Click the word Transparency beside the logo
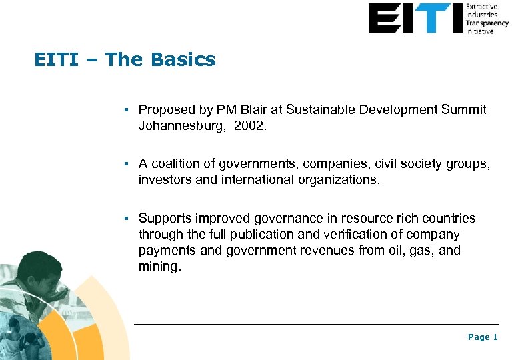(487, 23)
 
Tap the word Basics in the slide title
(183, 60)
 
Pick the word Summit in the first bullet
(464, 109)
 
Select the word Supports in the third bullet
(163, 219)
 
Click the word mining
(159, 266)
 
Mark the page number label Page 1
(483, 337)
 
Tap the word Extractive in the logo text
(481, 7)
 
